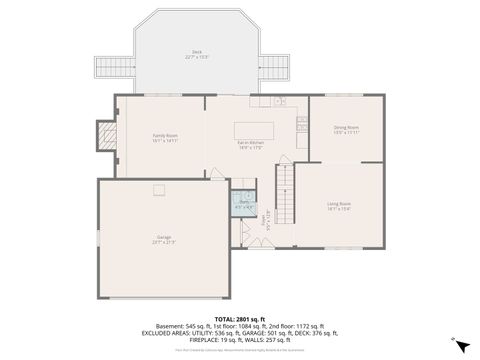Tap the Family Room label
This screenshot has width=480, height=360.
(x=165, y=137)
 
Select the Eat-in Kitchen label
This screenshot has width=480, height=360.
(x=251, y=145)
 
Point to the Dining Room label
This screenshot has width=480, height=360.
(x=346, y=129)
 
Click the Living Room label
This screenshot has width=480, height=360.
(x=339, y=206)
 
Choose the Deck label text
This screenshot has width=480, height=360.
(x=196, y=54)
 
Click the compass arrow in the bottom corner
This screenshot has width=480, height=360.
(x=460, y=345)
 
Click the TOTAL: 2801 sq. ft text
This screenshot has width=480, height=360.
(x=240, y=318)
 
